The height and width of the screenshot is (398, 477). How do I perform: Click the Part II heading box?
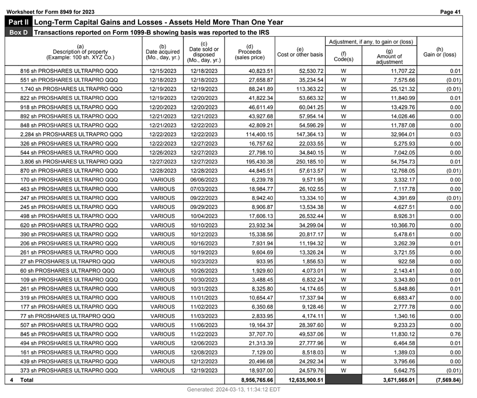pos(18,22)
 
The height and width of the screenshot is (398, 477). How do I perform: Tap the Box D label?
pos(18,32)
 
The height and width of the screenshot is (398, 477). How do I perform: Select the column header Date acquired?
pos(162,52)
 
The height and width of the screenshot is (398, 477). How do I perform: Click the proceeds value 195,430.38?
pos(254,162)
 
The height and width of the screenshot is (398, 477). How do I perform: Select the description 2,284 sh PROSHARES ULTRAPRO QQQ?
pos(71,134)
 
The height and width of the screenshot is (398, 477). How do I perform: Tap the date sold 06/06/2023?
pos(204,180)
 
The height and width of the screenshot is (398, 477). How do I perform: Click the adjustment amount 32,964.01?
pos(396,134)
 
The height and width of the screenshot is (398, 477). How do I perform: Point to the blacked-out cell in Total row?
pos(344,380)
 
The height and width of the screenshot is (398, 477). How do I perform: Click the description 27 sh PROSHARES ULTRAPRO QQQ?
pos(67,261)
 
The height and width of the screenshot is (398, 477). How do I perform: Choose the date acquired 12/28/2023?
pos(162,171)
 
